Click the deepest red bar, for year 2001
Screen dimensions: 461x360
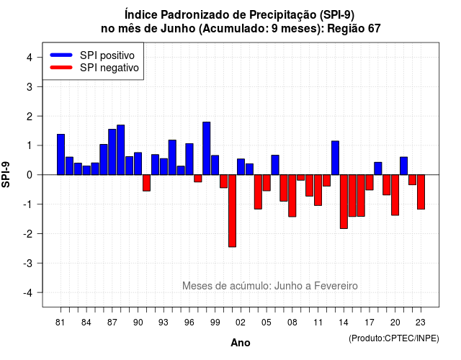point(232,211)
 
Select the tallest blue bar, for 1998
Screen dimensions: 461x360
point(207,148)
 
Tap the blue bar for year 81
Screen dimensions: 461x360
point(61,154)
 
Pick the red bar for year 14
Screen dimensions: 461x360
point(344,202)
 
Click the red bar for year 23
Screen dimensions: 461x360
point(421,192)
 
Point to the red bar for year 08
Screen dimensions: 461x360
point(292,196)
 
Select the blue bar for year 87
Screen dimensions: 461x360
point(112,152)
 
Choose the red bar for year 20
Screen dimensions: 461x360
point(395,195)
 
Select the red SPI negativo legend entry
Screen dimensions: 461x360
point(94,68)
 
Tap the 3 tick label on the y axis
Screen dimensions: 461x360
point(30,87)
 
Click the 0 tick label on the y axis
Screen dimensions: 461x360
point(30,175)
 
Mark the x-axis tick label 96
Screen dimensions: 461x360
point(189,323)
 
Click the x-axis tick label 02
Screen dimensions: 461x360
point(241,323)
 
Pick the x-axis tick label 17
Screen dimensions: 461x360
point(370,323)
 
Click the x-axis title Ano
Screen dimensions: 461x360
point(241,343)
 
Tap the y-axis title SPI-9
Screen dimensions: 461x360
point(6,174)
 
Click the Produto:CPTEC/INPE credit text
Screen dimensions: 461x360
point(394,338)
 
